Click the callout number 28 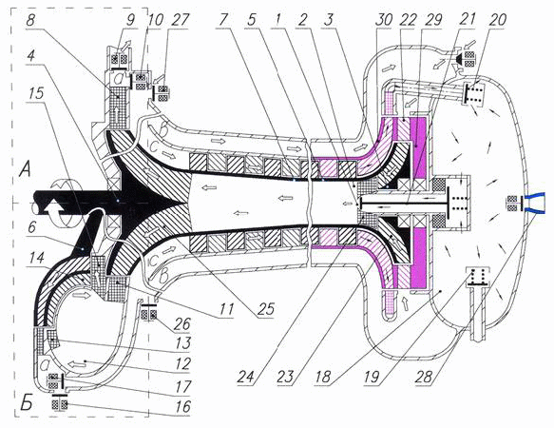424,377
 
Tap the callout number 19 373,377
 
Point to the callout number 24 246,377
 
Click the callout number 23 285,377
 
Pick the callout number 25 265,309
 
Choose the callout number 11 226,309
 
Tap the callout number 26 181,323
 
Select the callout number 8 30,20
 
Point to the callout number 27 181,20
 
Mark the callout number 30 384,20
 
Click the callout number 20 498,20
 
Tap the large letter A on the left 26,172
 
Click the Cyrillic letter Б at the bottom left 27,404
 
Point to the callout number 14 36,258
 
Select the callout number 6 32,226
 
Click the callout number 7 222,20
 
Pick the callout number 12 181,364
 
